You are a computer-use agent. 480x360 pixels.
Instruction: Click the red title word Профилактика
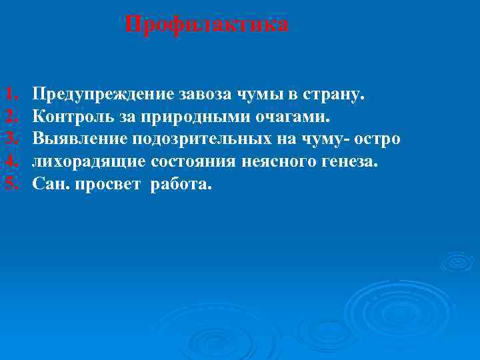point(207,25)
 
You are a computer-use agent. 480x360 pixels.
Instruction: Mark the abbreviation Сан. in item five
point(51,183)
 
